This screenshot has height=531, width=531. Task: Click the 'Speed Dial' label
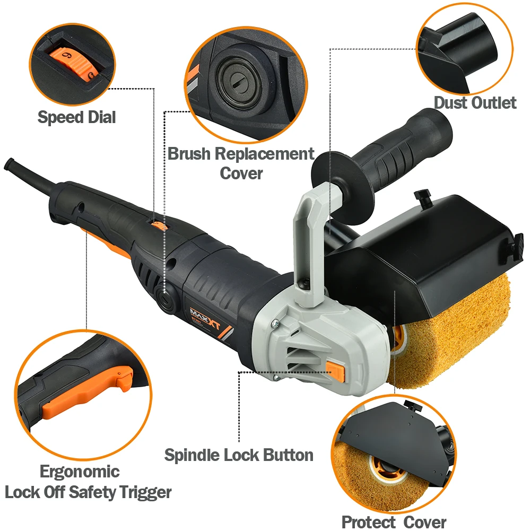tap(76, 118)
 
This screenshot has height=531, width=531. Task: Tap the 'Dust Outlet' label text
tap(475, 102)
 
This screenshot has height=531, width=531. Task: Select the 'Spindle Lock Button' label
tap(239, 455)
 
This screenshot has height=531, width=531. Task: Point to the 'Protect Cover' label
tap(394, 522)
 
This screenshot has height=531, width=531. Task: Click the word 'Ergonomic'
tap(80, 472)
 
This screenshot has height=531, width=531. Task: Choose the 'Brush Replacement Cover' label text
tap(241, 163)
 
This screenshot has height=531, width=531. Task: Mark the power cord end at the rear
tap(10, 164)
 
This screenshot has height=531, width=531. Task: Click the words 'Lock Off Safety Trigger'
tap(88, 492)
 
